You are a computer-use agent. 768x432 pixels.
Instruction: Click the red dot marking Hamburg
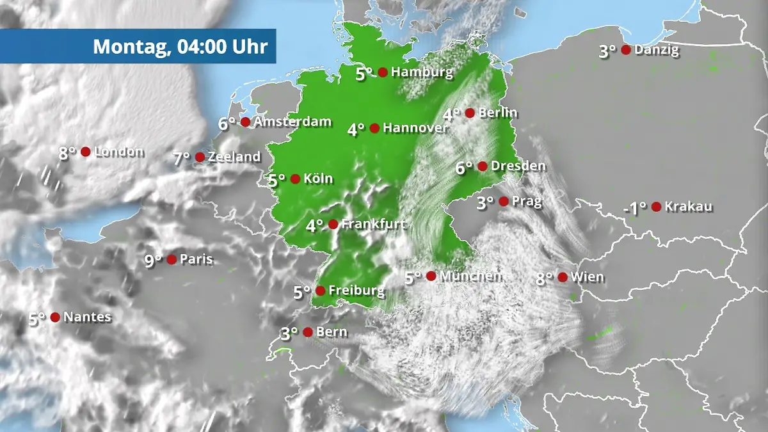(383, 72)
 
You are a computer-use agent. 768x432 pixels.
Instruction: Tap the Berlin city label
(498, 113)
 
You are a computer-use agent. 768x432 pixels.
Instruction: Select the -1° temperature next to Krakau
(635, 208)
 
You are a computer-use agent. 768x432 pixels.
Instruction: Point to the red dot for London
(85, 152)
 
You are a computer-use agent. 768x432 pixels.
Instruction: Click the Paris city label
(196, 260)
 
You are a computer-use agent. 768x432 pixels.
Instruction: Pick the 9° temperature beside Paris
(153, 260)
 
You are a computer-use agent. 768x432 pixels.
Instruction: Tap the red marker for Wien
(563, 277)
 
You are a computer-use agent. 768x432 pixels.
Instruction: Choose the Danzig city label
(657, 50)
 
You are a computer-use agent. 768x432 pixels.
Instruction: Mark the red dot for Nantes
(55, 317)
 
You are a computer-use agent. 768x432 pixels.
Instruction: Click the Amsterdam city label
(292, 122)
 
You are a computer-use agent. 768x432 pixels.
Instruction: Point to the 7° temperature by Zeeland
(182, 159)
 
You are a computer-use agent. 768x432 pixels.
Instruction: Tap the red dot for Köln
(295, 179)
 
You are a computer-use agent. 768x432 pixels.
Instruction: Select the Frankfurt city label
(372, 224)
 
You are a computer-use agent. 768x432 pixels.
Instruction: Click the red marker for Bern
(308, 332)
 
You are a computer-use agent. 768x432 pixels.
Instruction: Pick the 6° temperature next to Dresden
(465, 168)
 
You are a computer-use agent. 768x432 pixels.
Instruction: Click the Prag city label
(527, 202)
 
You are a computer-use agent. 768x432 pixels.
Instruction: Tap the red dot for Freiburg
(320, 291)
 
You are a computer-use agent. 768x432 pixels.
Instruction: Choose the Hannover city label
(416, 128)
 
